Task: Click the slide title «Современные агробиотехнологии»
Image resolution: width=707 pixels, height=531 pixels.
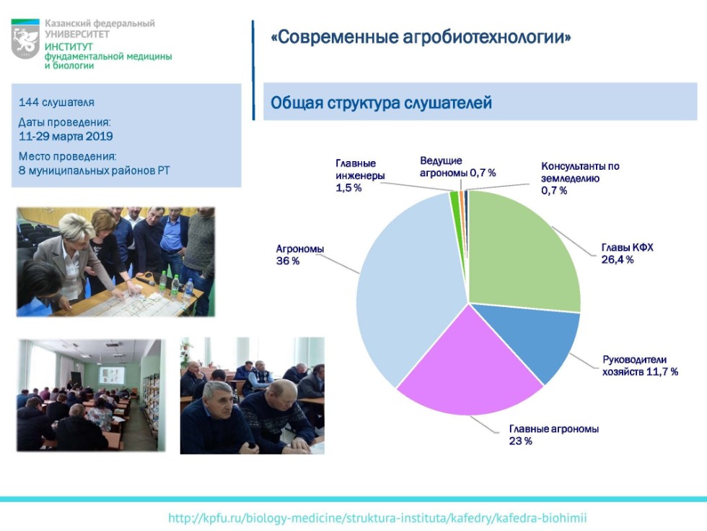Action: (x=421, y=37)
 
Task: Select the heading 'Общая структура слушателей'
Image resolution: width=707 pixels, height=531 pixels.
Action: (x=381, y=103)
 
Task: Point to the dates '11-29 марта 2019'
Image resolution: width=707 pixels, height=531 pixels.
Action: (x=66, y=136)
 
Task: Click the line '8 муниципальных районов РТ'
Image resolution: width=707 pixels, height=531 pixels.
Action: (x=95, y=170)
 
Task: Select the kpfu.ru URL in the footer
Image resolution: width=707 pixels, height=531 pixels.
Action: (x=382, y=518)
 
